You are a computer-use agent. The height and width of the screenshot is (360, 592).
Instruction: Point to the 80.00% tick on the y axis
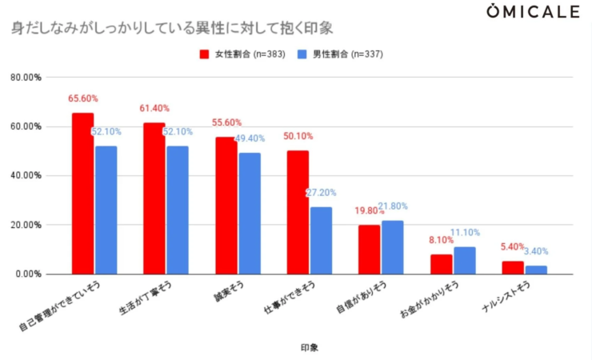tap(26, 78)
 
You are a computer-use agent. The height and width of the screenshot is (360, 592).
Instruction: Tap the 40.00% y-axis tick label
tap(26, 176)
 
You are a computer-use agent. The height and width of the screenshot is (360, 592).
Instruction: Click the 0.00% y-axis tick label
tap(29, 274)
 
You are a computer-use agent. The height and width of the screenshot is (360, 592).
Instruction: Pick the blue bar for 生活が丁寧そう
tap(178, 210)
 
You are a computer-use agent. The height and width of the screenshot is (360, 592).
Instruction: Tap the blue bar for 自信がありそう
tap(393, 247)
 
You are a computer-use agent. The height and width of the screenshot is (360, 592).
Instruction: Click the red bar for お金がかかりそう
tap(441, 264)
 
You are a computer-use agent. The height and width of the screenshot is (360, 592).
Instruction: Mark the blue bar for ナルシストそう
tap(536, 270)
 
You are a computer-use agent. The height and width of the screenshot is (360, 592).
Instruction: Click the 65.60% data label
tap(83, 99)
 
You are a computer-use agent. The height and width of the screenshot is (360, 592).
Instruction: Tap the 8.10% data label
tap(441, 240)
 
